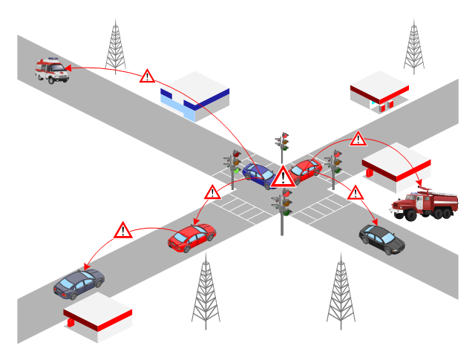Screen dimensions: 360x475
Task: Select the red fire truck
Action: [424, 204]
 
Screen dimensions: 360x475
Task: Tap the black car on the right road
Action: [381, 238]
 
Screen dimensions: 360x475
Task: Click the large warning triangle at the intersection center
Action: [283, 177]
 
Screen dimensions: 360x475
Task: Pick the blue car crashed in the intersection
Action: [258, 175]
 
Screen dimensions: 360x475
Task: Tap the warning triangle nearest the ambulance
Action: [148, 76]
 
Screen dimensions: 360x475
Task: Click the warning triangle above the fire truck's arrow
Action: [358, 139]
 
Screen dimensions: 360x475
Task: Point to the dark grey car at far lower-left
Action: [79, 283]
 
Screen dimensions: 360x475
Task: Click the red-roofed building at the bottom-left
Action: [96, 316]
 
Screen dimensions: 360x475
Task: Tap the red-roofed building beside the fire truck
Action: [396, 165]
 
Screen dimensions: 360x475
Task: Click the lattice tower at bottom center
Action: [206, 289]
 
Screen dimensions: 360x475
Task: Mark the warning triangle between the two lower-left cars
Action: [123, 230]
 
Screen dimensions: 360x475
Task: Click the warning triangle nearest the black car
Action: [356, 194]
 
